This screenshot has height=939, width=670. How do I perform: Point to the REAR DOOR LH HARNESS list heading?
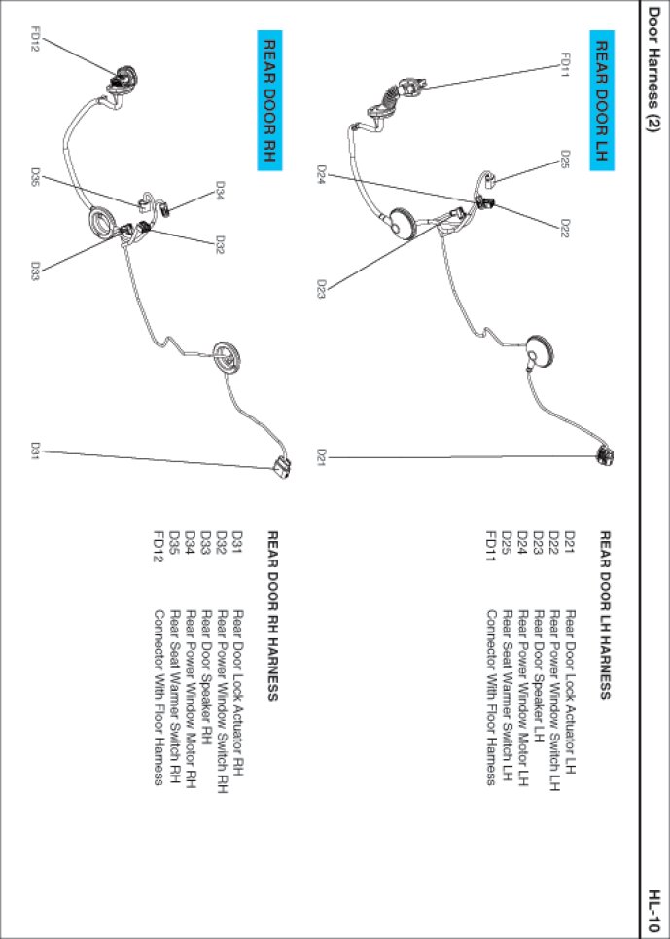pos(603,614)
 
